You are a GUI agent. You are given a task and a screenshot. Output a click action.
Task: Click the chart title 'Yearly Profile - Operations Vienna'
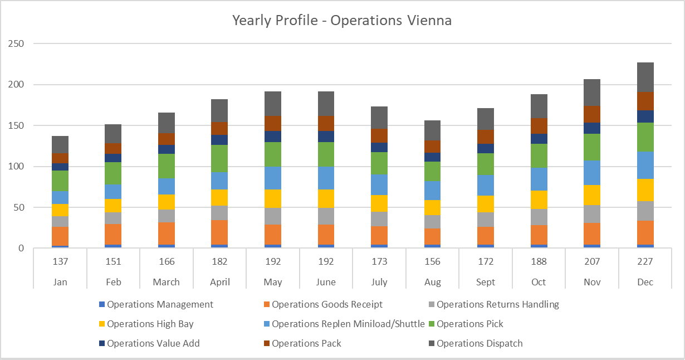(x=342, y=21)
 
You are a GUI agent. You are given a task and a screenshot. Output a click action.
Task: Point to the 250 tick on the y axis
(x=21, y=43)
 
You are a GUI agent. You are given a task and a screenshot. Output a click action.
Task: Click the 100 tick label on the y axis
(x=21, y=167)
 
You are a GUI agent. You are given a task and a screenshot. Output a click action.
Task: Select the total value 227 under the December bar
(x=645, y=261)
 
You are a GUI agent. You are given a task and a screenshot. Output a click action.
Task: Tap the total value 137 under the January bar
(x=60, y=261)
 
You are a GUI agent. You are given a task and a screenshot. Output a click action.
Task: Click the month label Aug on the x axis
(x=432, y=282)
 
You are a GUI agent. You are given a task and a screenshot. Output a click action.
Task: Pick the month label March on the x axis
(x=167, y=282)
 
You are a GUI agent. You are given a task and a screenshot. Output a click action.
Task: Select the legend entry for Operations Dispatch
(x=479, y=343)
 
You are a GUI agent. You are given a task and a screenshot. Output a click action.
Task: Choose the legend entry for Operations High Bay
(x=150, y=324)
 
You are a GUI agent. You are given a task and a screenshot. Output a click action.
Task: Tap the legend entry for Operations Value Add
(x=153, y=343)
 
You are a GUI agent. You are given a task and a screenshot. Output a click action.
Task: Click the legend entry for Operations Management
(x=160, y=304)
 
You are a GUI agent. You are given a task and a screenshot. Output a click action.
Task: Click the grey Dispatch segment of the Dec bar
(x=645, y=77)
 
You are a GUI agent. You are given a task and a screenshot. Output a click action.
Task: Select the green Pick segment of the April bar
(x=219, y=159)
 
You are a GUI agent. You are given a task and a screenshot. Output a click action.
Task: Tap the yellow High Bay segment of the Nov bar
(x=593, y=195)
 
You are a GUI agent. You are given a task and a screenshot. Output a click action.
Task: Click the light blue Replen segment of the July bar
(x=379, y=185)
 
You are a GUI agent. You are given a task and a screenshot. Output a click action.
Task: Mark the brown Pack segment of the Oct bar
(x=539, y=126)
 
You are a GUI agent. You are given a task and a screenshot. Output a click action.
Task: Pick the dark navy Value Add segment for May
(x=273, y=137)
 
